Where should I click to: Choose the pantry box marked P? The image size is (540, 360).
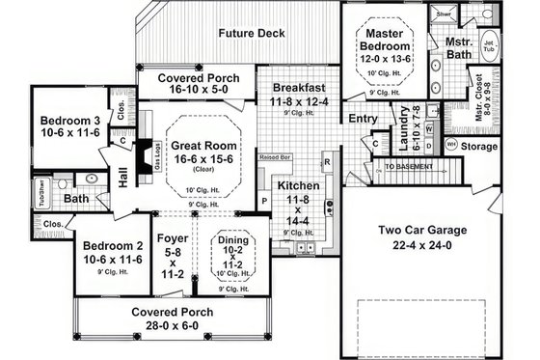[265, 201]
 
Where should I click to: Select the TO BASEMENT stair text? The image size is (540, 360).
[410, 167]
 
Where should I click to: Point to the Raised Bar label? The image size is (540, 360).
[276, 154]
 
